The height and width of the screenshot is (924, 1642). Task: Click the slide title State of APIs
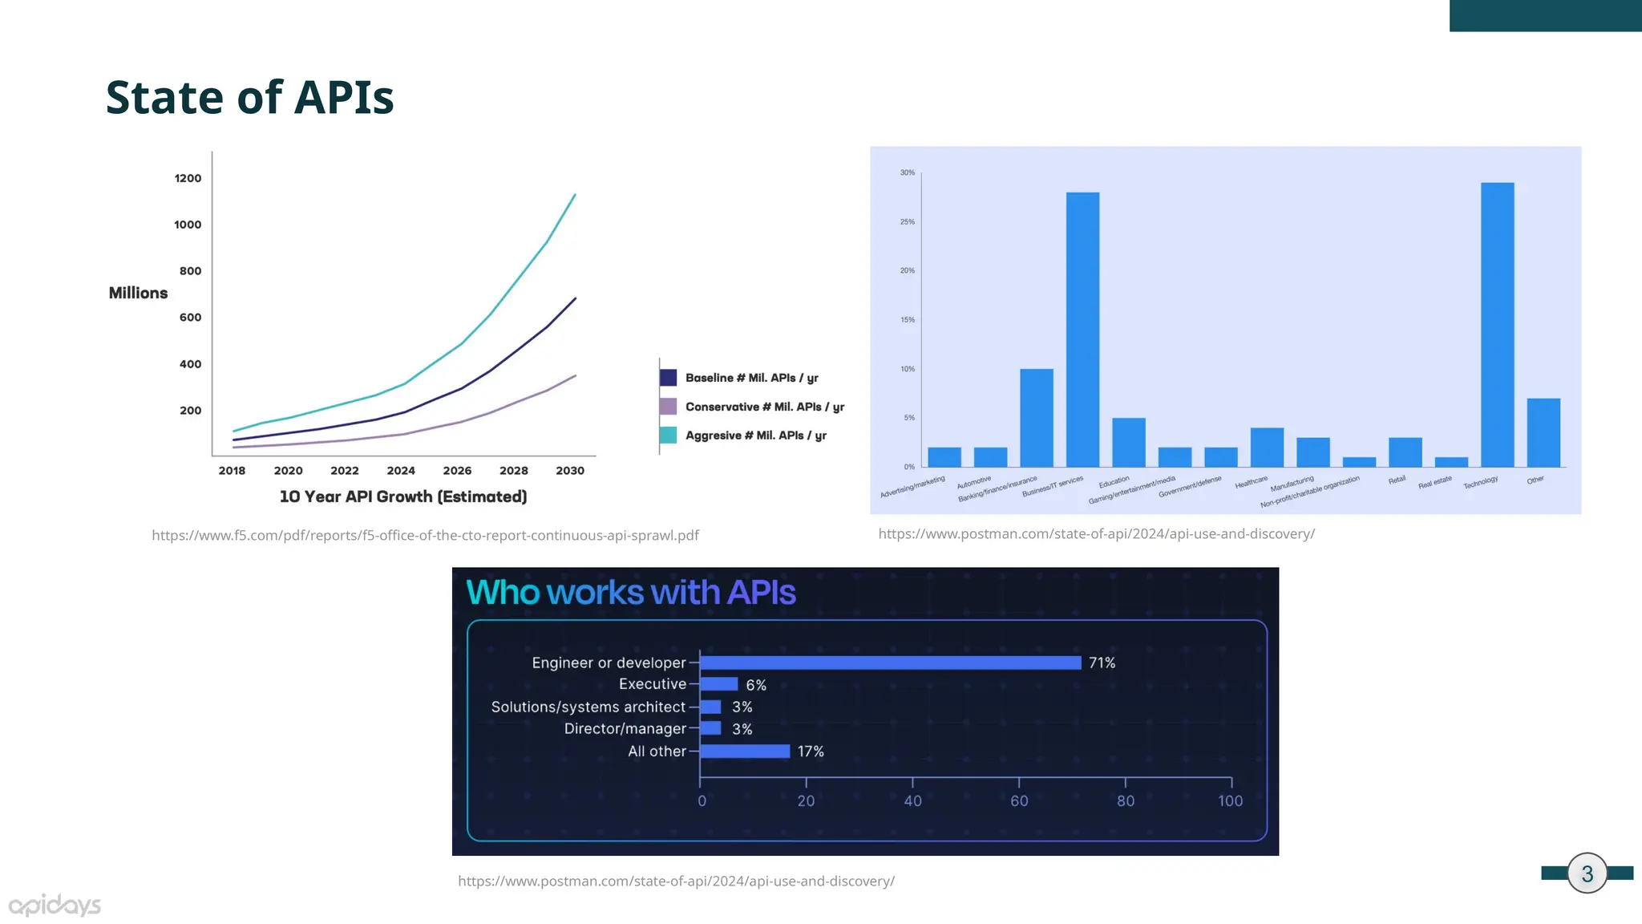pyautogui.click(x=249, y=97)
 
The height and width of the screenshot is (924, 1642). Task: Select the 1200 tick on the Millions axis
pyautogui.click(x=188, y=178)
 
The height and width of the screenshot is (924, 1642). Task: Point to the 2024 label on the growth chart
pyautogui.click(x=401, y=471)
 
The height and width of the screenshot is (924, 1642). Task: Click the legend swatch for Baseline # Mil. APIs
pyautogui.click(x=668, y=378)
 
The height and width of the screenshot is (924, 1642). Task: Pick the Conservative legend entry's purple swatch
pyautogui.click(x=668, y=407)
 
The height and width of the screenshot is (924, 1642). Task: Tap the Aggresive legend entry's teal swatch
pyautogui.click(x=668, y=436)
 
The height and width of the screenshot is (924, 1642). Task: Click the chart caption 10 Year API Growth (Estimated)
pyautogui.click(x=403, y=496)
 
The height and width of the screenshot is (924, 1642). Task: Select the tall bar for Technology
pyautogui.click(x=1497, y=325)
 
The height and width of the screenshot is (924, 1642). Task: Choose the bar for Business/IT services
pyautogui.click(x=1082, y=330)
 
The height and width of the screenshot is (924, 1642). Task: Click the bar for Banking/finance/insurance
pyautogui.click(x=1036, y=418)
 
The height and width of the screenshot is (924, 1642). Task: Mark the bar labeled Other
pyautogui.click(x=1543, y=432)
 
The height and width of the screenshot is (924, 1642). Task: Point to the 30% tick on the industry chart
pyautogui.click(x=907, y=172)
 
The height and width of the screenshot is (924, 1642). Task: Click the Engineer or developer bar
pyautogui.click(x=890, y=663)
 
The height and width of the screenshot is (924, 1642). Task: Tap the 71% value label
pyautogui.click(x=1102, y=663)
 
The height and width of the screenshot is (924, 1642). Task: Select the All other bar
pyautogui.click(x=745, y=752)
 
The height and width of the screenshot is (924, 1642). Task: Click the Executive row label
pyautogui.click(x=653, y=684)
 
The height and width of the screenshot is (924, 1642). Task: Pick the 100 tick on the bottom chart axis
pyautogui.click(x=1230, y=800)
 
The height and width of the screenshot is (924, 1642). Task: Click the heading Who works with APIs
pyautogui.click(x=631, y=593)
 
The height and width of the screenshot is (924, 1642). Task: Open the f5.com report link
pyautogui.click(x=425, y=535)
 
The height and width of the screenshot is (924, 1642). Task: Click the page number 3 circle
pyautogui.click(x=1587, y=873)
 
